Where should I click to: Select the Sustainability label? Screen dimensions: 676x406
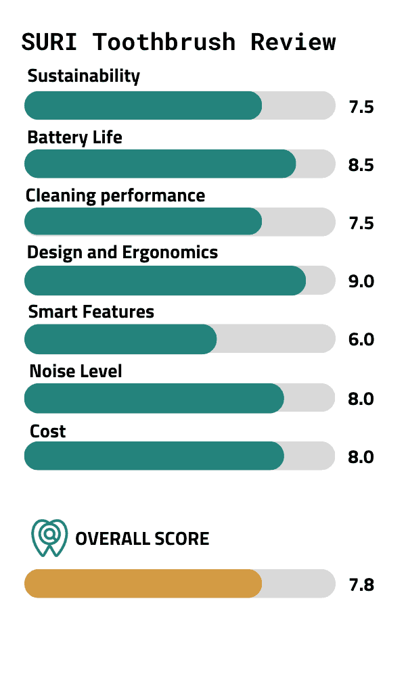pyautogui.click(x=83, y=76)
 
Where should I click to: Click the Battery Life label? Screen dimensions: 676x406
pyautogui.click(x=74, y=138)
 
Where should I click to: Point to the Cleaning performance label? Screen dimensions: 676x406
pyautogui.click(x=115, y=196)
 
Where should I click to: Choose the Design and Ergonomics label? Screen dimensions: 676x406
pyautogui.click(x=122, y=253)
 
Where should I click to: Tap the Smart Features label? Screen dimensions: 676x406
pyautogui.click(x=91, y=312)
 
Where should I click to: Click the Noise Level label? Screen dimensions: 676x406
pyautogui.click(x=76, y=371)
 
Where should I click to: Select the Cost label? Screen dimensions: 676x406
pyautogui.click(x=47, y=431)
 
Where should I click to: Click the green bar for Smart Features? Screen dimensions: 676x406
pyautogui.click(x=120, y=339)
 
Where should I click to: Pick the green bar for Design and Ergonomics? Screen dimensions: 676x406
pyautogui.click(x=165, y=281)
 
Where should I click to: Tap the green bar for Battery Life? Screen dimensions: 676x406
pyautogui.click(x=160, y=164)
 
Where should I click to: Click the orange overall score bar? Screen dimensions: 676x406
pyautogui.click(x=143, y=583)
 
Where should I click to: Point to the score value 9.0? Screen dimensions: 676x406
pyautogui.click(x=361, y=282)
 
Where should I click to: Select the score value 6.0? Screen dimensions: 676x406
pyautogui.click(x=361, y=340)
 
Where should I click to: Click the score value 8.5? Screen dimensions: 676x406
pyautogui.click(x=361, y=166)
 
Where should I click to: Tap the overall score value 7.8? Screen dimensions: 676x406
pyautogui.click(x=361, y=585)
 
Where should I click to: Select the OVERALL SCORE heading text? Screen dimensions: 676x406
pyautogui.click(x=142, y=539)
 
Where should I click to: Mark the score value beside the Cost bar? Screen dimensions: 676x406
pyautogui.click(x=361, y=457)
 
